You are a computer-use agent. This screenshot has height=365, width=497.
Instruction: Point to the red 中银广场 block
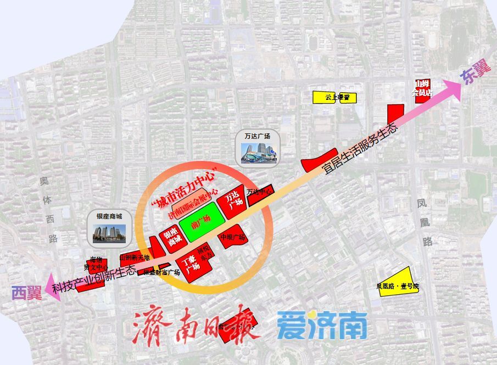coord(233,236)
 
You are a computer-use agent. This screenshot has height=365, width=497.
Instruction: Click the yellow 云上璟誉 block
coord(334,98)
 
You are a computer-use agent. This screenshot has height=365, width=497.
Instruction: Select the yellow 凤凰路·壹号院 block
coord(398,284)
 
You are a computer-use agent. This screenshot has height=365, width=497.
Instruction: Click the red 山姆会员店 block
coord(422,88)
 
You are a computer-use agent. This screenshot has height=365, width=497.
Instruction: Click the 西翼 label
coord(26,293)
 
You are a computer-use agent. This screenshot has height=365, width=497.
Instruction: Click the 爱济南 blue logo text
coord(322,326)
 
